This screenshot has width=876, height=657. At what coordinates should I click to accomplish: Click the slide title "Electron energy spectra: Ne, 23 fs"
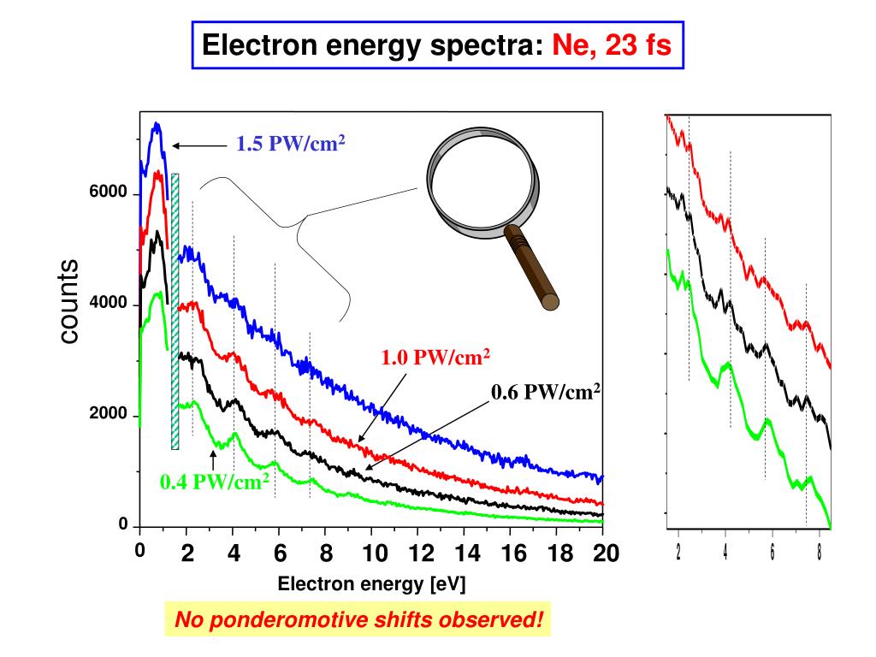(436, 44)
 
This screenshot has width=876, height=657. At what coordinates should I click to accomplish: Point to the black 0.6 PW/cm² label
(546, 392)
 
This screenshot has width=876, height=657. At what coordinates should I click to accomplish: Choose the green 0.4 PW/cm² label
(215, 482)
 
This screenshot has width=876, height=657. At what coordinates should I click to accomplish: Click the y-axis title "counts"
(69, 303)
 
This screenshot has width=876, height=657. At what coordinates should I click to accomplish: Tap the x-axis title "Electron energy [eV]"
(371, 584)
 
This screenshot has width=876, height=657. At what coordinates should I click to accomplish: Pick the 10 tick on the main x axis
(373, 553)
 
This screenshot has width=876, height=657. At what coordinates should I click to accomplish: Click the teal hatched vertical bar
(175, 311)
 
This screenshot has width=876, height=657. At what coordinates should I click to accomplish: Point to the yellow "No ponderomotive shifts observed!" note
(358, 619)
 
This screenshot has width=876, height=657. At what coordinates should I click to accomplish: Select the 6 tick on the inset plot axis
(772, 548)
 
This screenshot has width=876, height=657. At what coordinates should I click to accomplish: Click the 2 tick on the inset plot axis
(678, 548)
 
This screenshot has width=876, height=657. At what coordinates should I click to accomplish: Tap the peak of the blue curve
(157, 125)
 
